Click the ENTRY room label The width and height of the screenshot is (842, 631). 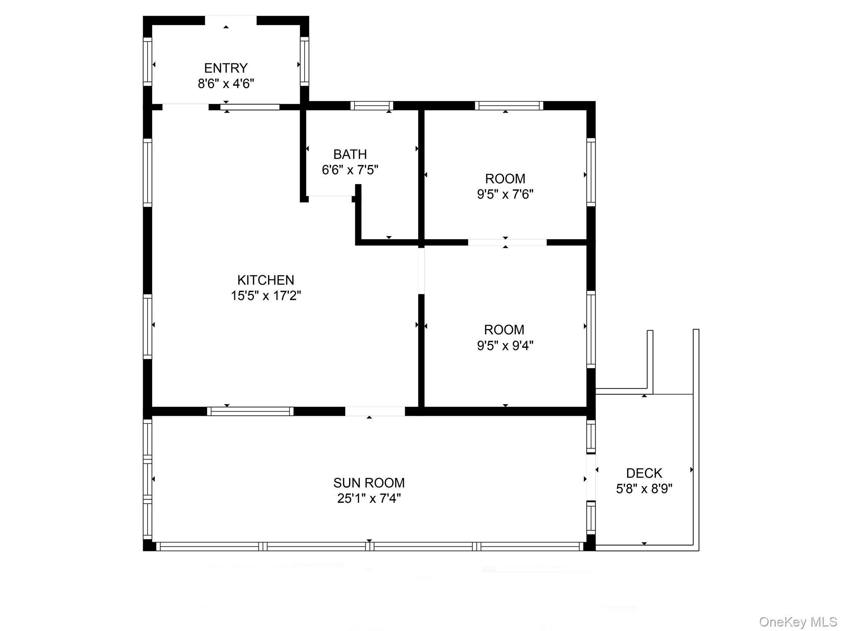[226, 68]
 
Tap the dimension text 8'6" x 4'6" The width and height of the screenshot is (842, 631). [226, 84]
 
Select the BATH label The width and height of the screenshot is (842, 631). [350, 154]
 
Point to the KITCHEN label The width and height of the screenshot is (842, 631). [266, 280]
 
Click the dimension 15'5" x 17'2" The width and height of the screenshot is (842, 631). [266, 296]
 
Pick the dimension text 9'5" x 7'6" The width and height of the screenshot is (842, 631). [505, 194]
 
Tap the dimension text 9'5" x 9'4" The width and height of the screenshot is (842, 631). [505, 345]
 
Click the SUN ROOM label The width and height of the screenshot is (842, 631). [369, 483]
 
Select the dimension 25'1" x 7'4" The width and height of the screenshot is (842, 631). [369, 498]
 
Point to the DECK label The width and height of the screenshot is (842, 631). [644, 473]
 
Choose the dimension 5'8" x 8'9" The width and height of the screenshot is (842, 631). [644, 489]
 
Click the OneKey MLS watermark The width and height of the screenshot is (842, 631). [798, 622]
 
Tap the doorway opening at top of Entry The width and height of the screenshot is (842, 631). [230, 21]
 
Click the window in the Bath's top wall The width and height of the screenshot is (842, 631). [372, 106]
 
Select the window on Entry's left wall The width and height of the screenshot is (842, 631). [147, 62]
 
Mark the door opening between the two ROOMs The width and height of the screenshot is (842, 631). [507, 242]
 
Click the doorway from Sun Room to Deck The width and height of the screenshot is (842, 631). [591, 477]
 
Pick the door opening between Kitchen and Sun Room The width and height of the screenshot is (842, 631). [375, 411]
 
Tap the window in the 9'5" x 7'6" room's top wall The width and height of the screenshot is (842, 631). [509, 106]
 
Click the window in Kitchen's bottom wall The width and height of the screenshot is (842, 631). [250, 411]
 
